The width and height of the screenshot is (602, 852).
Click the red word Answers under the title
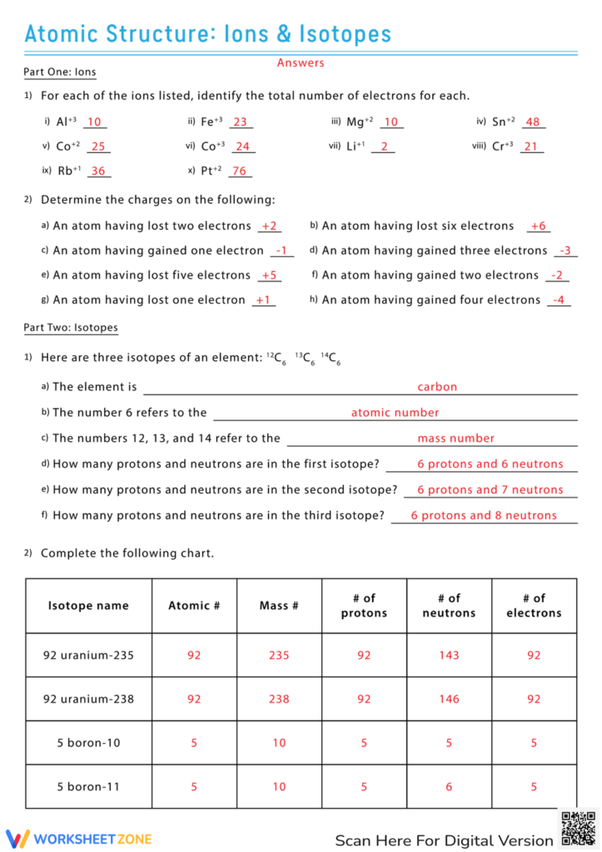click(x=301, y=62)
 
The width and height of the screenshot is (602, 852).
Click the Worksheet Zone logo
click(x=79, y=838)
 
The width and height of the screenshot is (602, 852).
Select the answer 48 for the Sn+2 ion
click(x=533, y=121)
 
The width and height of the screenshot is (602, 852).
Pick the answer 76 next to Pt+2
click(x=240, y=171)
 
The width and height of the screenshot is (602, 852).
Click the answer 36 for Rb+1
click(x=98, y=171)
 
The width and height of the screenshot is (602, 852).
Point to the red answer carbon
click(x=437, y=387)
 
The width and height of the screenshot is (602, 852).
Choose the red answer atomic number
click(x=395, y=413)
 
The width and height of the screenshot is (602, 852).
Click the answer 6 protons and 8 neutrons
click(x=484, y=516)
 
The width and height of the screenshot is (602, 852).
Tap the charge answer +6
click(x=538, y=226)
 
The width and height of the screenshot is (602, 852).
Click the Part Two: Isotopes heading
click(x=71, y=328)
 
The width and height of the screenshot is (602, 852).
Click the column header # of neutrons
click(x=449, y=606)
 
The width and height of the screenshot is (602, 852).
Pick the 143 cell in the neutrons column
click(x=449, y=656)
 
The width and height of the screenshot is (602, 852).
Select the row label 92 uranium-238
click(x=88, y=699)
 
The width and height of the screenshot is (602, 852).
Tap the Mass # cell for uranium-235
click(x=279, y=656)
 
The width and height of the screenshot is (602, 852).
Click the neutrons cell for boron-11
click(x=449, y=786)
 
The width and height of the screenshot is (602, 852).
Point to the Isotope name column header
click(x=88, y=606)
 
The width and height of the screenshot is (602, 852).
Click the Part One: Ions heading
click(x=60, y=72)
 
